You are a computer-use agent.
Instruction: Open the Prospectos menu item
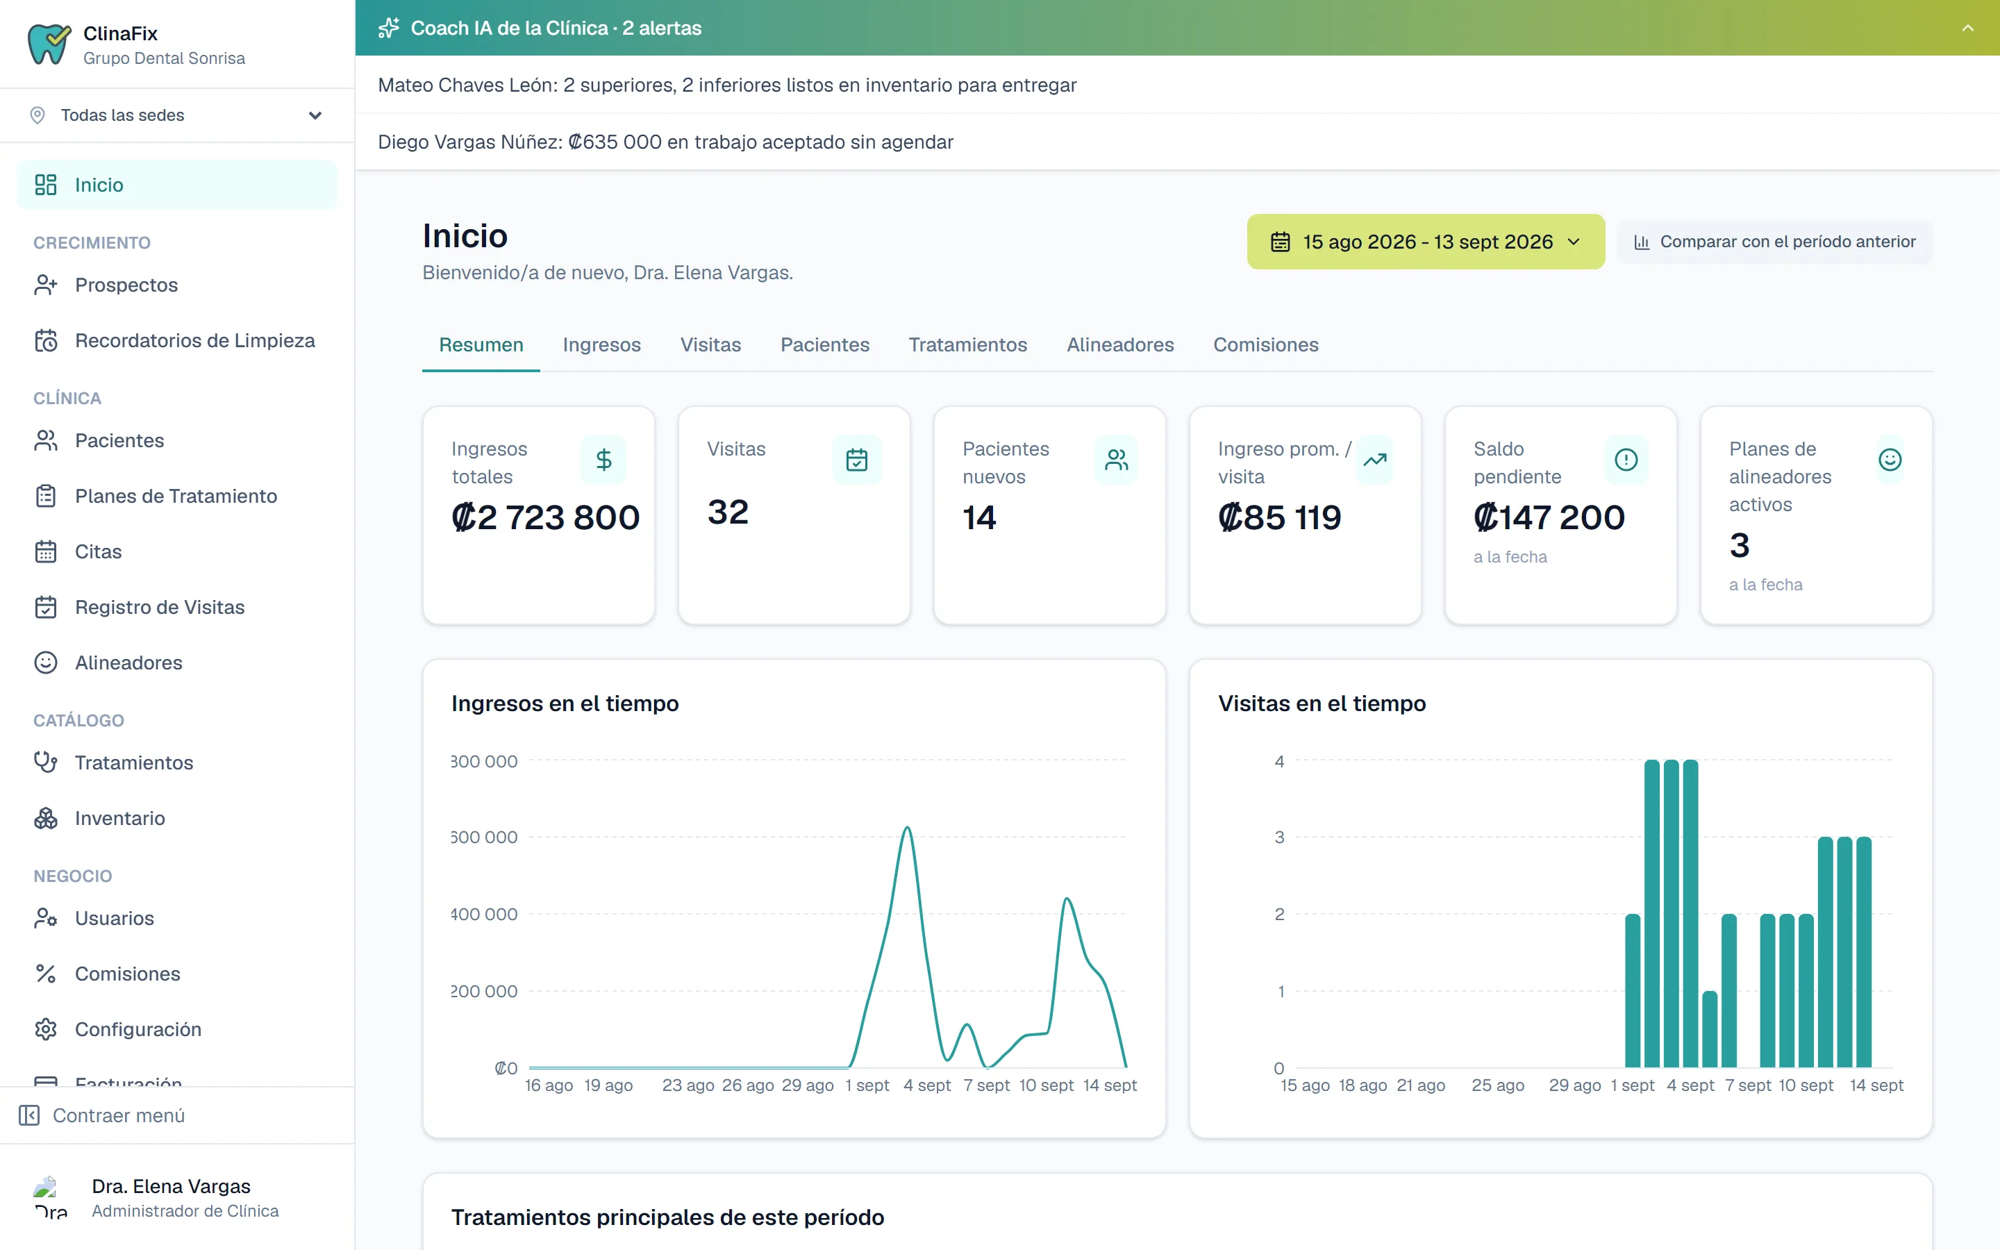click(x=126, y=285)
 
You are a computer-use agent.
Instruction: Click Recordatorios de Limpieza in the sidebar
click(x=194, y=340)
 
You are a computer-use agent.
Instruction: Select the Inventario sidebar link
click(x=120, y=819)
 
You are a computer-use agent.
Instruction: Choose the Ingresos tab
click(x=601, y=344)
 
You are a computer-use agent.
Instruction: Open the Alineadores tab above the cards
click(x=1120, y=344)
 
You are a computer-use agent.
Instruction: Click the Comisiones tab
click(x=1265, y=344)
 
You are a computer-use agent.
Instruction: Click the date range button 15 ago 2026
click(x=1426, y=242)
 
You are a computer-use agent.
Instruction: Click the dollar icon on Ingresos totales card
click(x=604, y=460)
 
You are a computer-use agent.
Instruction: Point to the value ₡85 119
click(x=1280, y=517)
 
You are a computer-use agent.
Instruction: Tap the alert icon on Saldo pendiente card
click(x=1626, y=460)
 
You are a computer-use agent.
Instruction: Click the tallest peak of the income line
click(x=908, y=828)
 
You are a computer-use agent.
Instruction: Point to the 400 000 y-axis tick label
click(x=484, y=915)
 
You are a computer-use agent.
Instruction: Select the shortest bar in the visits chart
click(x=1710, y=1029)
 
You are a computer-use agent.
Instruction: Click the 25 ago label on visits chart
click(x=1497, y=1085)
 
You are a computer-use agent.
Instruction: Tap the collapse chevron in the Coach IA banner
click(x=1968, y=28)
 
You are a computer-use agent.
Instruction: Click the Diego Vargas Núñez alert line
click(x=665, y=142)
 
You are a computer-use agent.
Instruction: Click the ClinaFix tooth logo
click(x=49, y=44)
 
